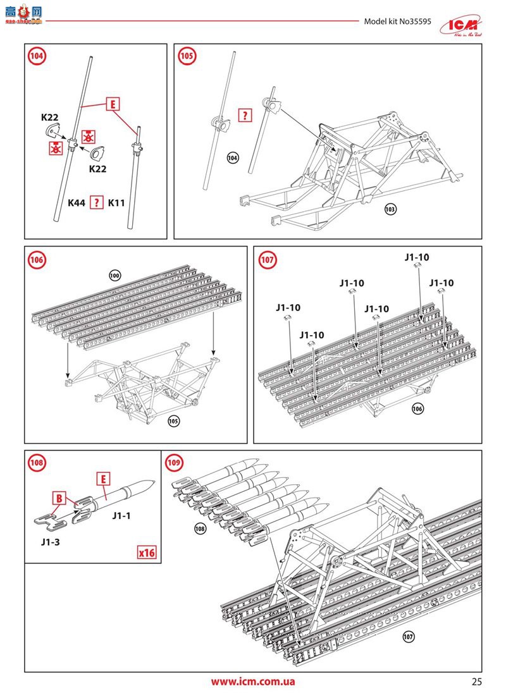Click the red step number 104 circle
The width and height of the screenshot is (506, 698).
[x=37, y=56]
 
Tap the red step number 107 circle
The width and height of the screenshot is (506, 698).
[x=267, y=259]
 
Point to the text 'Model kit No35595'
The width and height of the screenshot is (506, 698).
[x=397, y=21]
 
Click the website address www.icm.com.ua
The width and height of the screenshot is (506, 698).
[x=252, y=682]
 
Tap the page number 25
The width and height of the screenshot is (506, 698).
[x=476, y=682]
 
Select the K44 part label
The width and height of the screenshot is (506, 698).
[x=78, y=203]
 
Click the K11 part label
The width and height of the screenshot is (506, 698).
[x=118, y=203]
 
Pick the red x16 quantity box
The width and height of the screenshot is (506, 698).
[x=147, y=552]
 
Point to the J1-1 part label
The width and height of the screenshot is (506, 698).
[x=121, y=516]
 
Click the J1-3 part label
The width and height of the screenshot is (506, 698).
[x=52, y=542]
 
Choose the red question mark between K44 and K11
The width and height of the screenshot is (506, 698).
[x=96, y=203]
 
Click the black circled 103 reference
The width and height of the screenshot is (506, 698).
[x=390, y=208]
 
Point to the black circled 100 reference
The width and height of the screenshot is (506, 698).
[x=114, y=275]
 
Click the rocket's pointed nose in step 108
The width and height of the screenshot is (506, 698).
[x=151, y=482]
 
